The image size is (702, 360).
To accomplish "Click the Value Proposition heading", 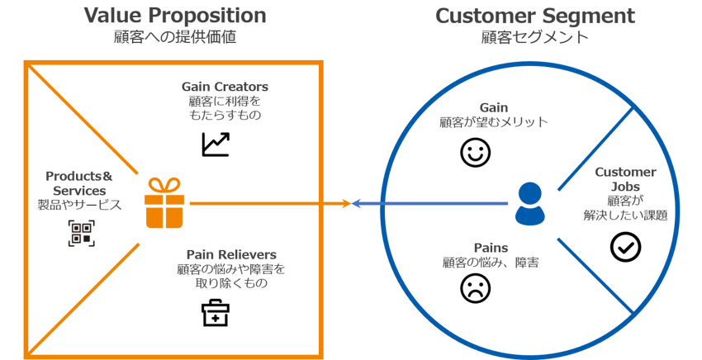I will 175,16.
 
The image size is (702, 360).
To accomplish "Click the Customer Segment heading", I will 534,16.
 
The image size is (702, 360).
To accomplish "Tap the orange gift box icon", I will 164,203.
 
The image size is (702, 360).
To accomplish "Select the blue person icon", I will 529,204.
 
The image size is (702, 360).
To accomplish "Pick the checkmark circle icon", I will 625,246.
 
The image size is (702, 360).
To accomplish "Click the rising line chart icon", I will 216,144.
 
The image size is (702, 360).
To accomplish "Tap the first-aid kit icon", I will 216,312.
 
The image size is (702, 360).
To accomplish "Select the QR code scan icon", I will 81,233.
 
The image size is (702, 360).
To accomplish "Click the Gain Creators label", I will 225,86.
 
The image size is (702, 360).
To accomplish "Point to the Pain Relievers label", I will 230,253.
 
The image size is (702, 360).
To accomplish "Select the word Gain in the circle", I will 493,107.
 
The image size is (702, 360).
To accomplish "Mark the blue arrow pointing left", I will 429,204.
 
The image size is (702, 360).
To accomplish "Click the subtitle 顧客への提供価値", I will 175,37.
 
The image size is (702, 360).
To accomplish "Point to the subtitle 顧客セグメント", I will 534,37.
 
